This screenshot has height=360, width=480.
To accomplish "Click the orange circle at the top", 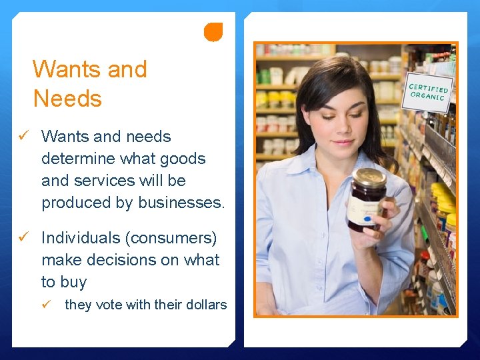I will point(213,32).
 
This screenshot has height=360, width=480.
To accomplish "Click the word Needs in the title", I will point(67,99).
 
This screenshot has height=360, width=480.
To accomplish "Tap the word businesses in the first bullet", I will point(179,203).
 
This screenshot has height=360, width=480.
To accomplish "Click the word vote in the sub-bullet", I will point(109,305).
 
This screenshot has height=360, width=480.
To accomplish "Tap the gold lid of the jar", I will point(369,177).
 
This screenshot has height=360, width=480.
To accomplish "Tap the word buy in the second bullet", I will point(73,282).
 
